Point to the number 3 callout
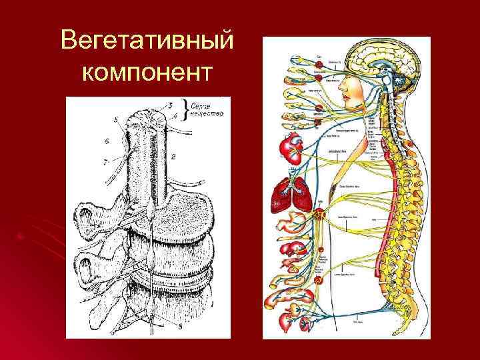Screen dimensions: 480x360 (x=170, y=105)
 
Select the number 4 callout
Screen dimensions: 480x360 (x=175, y=115)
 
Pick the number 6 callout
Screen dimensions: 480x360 (x=106, y=141)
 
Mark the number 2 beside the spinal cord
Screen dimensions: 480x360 (x=173, y=157)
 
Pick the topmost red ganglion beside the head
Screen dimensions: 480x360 (x=319, y=62)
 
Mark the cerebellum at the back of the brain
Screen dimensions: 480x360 (x=403, y=84)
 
